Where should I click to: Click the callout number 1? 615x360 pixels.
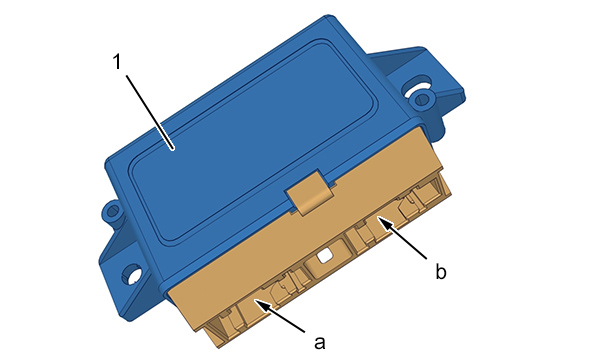[x=117, y=62]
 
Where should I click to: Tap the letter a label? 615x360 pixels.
[x=320, y=342]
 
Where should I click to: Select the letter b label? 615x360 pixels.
[x=441, y=271]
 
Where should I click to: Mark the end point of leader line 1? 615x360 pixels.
[x=173, y=149]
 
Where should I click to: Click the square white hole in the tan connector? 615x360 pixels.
[x=325, y=256]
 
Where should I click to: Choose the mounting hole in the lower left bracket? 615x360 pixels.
[x=132, y=273]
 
